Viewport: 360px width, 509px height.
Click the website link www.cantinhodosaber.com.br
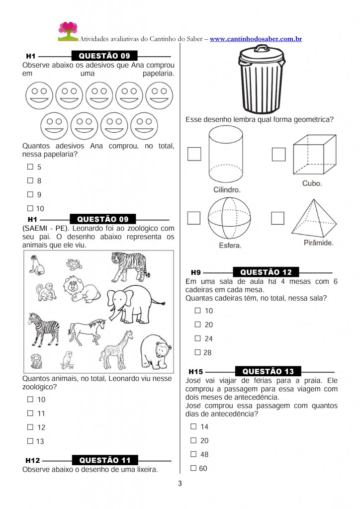click(x=256, y=39)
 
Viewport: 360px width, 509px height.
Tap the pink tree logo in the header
click(x=68, y=31)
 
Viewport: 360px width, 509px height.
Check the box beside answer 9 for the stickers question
click(x=30, y=194)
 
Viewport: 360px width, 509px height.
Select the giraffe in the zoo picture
click(x=116, y=349)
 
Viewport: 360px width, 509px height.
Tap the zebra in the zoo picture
click(x=44, y=329)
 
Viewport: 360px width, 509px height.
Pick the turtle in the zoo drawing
click(x=74, y=264)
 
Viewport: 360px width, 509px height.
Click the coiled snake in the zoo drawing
click(x=36, y=362)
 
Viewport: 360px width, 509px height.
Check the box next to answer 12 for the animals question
click(x=30, y=427)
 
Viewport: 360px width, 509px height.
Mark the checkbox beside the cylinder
click(x=194, y=154)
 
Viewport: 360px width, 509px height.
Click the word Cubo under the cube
click(x=312, y=183)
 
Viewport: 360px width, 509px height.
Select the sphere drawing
click(x=229, y=218)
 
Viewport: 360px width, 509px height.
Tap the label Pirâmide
click(x=318, y=243)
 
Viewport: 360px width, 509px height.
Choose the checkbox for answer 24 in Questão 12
click(x=198, y=338)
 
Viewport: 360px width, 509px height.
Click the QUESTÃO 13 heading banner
click(x=268, y=371)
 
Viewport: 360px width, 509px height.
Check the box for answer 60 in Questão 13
click(x=193, y=468)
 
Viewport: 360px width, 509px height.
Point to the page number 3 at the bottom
click(x=180, y=483)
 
